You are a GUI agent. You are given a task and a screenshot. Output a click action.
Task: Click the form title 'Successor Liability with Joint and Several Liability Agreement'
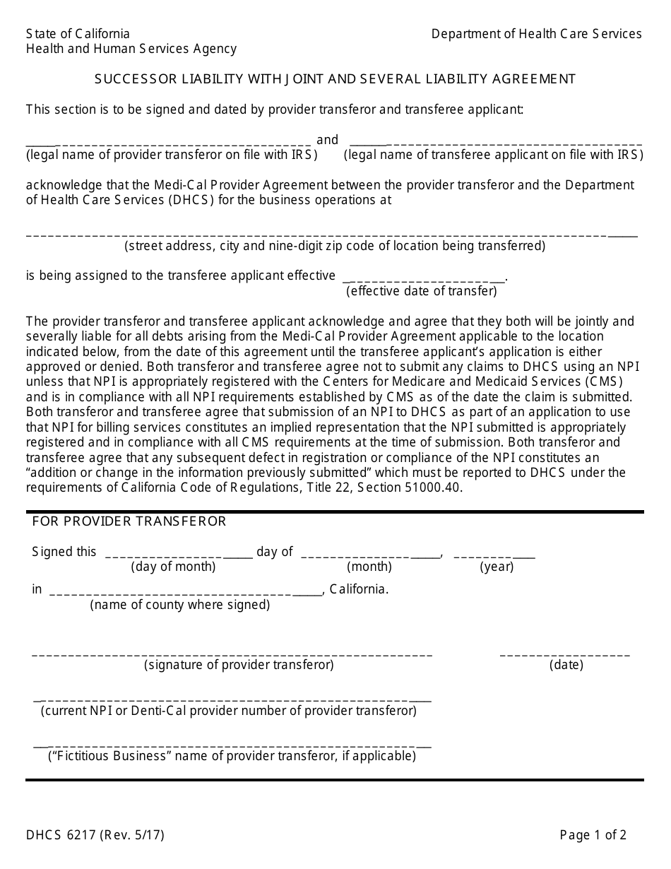[335, 79]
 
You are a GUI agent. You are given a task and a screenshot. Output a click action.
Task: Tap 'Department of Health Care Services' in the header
[536, 34]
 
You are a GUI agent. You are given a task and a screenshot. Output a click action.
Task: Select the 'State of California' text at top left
[78, 34]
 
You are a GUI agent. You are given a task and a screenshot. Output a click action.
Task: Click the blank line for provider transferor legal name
[168, 141]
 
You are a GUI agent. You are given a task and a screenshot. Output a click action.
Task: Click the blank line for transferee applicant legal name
[495, 141]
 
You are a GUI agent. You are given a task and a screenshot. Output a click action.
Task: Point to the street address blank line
[331, 234]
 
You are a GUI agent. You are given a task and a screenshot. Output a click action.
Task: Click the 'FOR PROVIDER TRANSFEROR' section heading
[129, 521]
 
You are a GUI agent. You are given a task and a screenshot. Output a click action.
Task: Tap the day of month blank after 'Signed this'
[178, 554]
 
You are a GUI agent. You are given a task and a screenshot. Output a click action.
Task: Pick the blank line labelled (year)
[494, 554]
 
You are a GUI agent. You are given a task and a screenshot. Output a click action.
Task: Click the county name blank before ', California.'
[185, 591]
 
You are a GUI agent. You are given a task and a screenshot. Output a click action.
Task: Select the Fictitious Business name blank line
[232, 745]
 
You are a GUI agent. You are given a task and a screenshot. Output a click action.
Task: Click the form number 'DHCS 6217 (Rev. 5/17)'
[95, 835]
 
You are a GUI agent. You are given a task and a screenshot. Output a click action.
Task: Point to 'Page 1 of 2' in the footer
[593, 835]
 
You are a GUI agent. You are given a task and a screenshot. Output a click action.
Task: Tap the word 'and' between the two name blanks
[327, 140]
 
